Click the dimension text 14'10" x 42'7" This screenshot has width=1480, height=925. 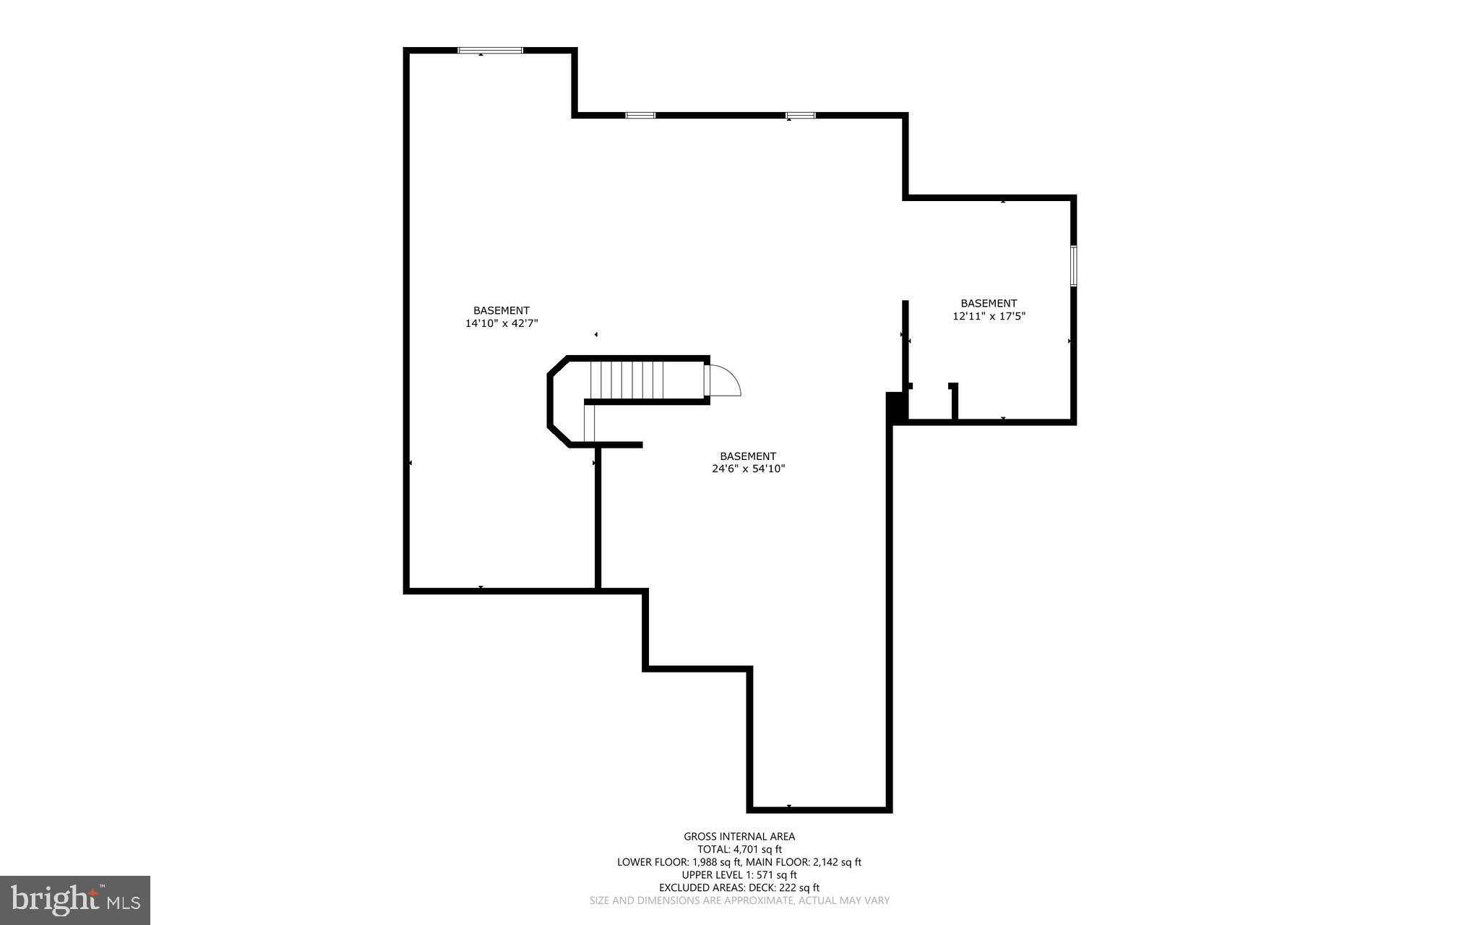(x=502, y=324)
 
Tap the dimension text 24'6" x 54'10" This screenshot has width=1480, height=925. (x=748, y=469)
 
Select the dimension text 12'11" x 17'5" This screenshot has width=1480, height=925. (x=989, y=316)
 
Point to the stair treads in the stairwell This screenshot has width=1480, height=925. (x=627, y=380)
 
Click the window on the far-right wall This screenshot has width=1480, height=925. (x=1073, y=265)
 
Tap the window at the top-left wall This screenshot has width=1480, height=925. (x=490, y=51)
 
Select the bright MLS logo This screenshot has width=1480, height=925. (x=75, y=900)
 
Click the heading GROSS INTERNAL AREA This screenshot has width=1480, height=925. (x=739, y=837)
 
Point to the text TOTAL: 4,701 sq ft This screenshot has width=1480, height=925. (x=739, y=850)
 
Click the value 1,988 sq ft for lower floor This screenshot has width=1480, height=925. (x=716, y=862)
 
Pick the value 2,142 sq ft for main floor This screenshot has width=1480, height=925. (x=826, y=862)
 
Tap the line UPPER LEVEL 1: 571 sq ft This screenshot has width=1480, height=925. (x=739, y=875)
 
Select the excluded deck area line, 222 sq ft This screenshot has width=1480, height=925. (x=739, y=888)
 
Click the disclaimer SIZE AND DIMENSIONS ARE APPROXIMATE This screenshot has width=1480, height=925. (x=739, y=901)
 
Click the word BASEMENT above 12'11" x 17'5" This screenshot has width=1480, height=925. (x=989, y=304)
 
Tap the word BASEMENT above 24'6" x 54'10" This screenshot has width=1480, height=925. (x=748, y=456)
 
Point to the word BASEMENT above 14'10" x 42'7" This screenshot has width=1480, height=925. (x=502, y=311)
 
